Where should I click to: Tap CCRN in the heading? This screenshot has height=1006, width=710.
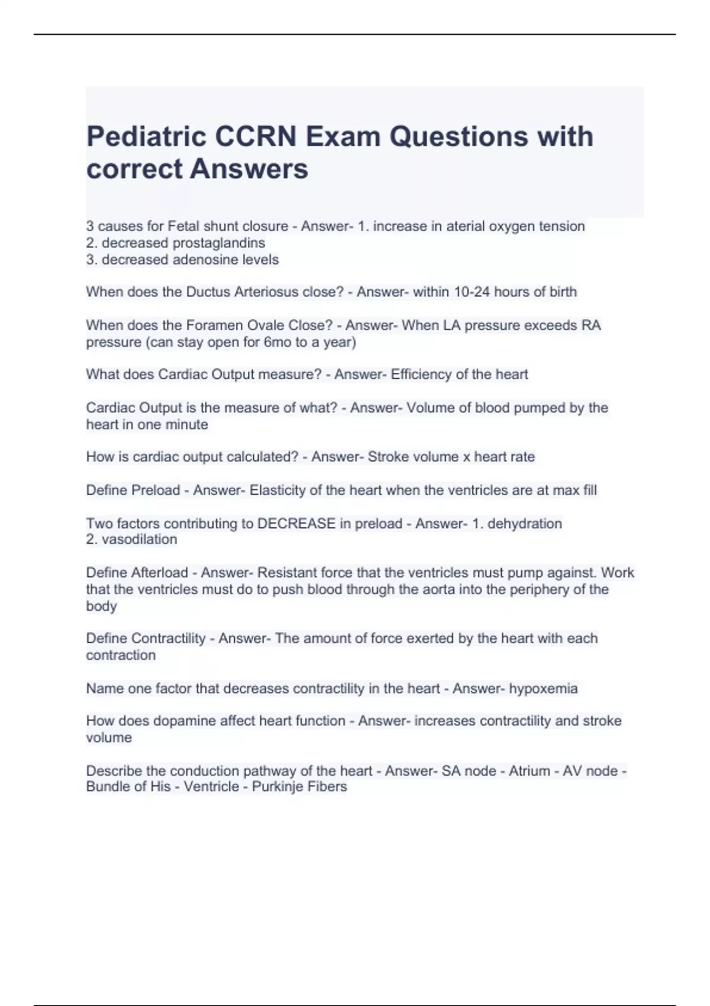[256, 137]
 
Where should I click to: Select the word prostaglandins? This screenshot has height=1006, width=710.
[219, 243]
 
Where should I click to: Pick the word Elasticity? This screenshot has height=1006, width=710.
[277, 490]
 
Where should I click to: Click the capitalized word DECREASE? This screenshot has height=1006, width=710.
[296, 524]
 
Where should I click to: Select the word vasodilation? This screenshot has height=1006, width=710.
[140, 539]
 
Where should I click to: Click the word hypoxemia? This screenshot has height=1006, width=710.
[543, 688]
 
